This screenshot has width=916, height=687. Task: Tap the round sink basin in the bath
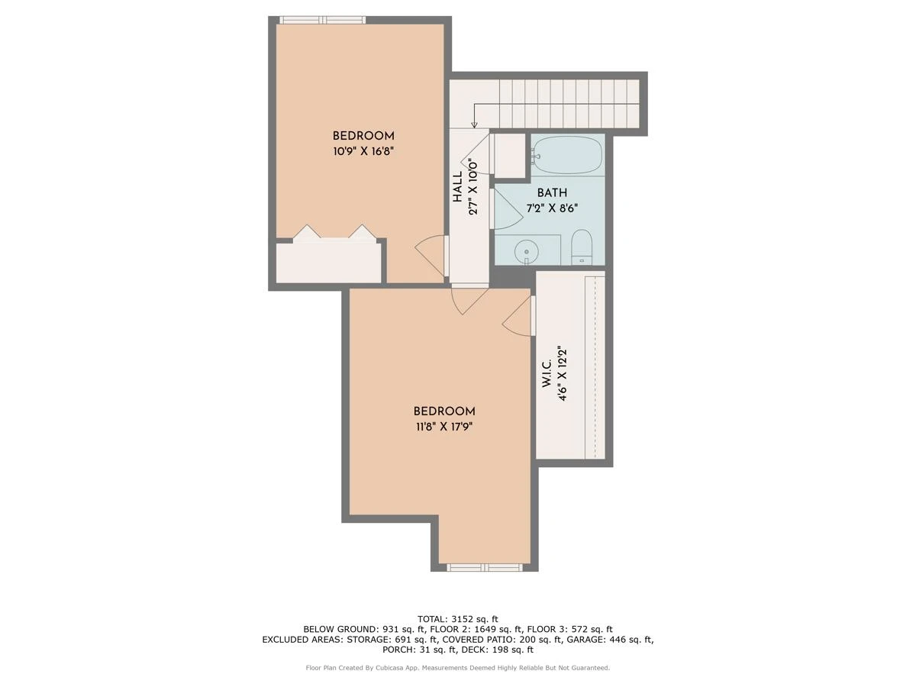pyautogui.click(x=527, y=252)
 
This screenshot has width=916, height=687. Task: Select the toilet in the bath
pyautogui.click(x=582, y=246)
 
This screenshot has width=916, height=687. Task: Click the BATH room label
pyautogui.click(x=552, y=192)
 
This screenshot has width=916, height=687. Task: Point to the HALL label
pyautogui.click(x=458, y=187)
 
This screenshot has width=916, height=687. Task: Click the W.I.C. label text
pyautogui.click(x=547, y=373)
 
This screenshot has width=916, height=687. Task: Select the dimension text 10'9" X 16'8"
pyautogui.click(x=363, y=151)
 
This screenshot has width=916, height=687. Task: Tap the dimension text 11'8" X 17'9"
pyautogui.click(x=444, y=427)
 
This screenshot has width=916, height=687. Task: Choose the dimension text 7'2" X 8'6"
pyautogui.click(x=552, y=208)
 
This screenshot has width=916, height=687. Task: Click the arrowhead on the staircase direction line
pyautogui.click(x=474, y=124)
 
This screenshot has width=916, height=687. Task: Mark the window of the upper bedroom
pyautogui.click(x=322, y=20)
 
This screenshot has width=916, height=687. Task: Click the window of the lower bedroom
pyautogui.click(x=485, y=567)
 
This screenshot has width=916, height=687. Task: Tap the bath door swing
pyautogui.click(x=507, y=208)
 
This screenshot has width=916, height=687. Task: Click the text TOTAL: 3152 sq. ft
pyautogui.click(x=458, y=619)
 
